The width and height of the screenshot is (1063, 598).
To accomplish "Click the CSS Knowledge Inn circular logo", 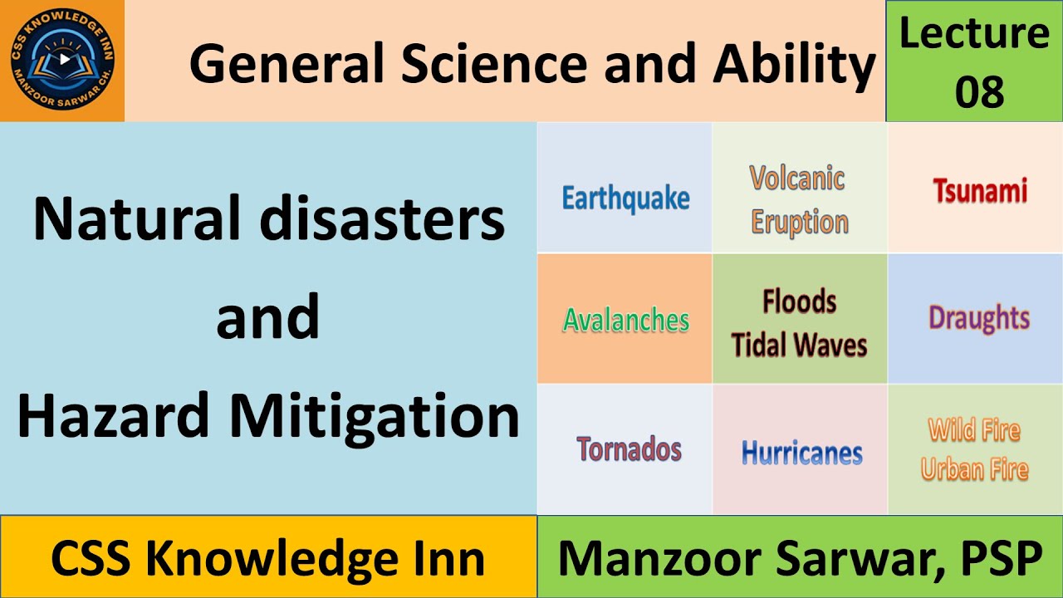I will pos(62,61).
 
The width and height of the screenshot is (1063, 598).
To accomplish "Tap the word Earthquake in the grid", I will pos(625,199).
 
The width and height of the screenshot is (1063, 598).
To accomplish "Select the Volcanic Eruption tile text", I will pos(799,199).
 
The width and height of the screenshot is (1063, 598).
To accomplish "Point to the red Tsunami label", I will pos(980,190).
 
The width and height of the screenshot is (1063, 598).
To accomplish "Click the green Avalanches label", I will pos(626,320).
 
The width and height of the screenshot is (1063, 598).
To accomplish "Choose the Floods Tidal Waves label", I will pos(799,323).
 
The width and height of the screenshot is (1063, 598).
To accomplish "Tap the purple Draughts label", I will pos(979,318).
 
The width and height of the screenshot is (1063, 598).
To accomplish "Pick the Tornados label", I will pos(629,449).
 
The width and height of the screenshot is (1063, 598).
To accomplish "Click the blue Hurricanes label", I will pos(801,453).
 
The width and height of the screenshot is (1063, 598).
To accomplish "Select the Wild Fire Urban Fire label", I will pos(975,449).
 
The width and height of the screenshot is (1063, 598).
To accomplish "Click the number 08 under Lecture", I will pos(979,91).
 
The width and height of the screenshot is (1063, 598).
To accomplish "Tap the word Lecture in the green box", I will pos(974,33).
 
